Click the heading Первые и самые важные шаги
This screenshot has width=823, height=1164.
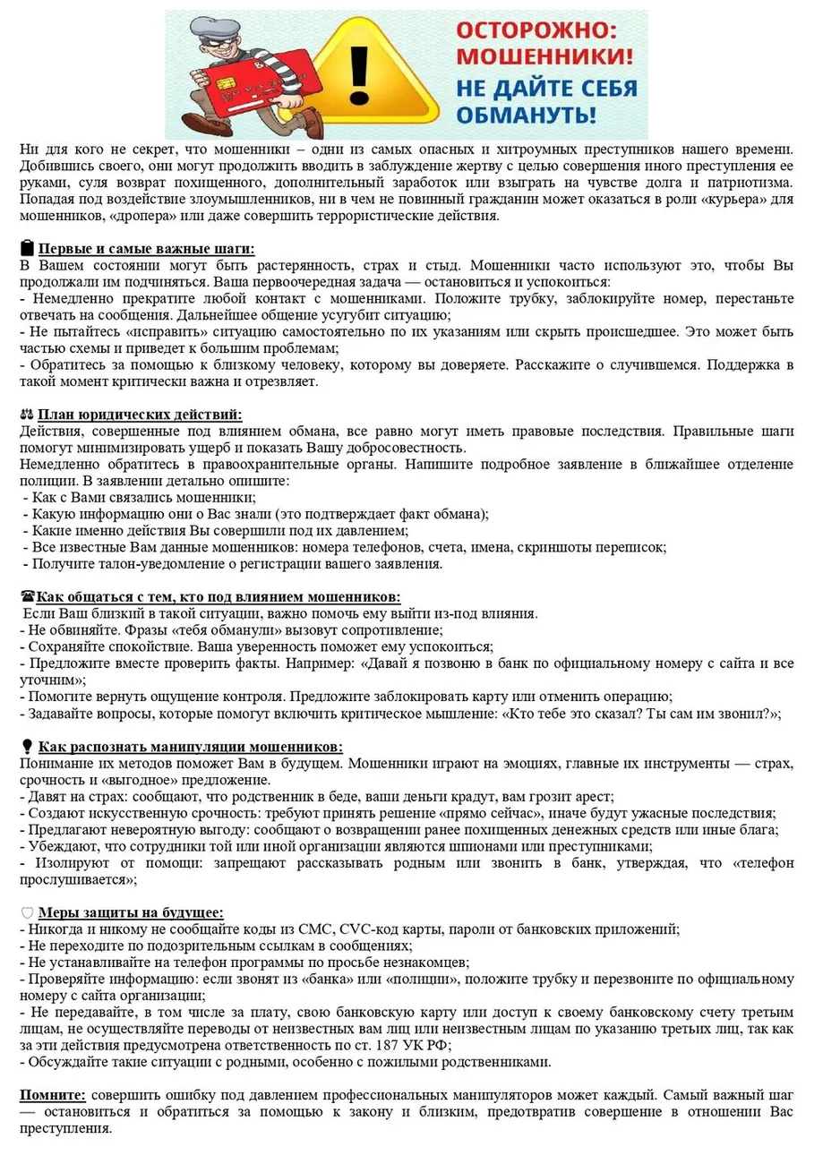[146, 249]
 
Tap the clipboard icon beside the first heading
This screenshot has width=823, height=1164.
[27, 249]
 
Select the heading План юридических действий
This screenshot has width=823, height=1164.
[140, 414]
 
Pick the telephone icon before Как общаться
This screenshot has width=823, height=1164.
[27, 596]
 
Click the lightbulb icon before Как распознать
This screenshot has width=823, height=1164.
[27, 747]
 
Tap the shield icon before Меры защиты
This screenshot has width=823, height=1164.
[27, 912]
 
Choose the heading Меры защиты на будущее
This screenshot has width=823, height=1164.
[130, 912]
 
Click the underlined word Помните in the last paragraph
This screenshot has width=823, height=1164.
[53, 1095]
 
